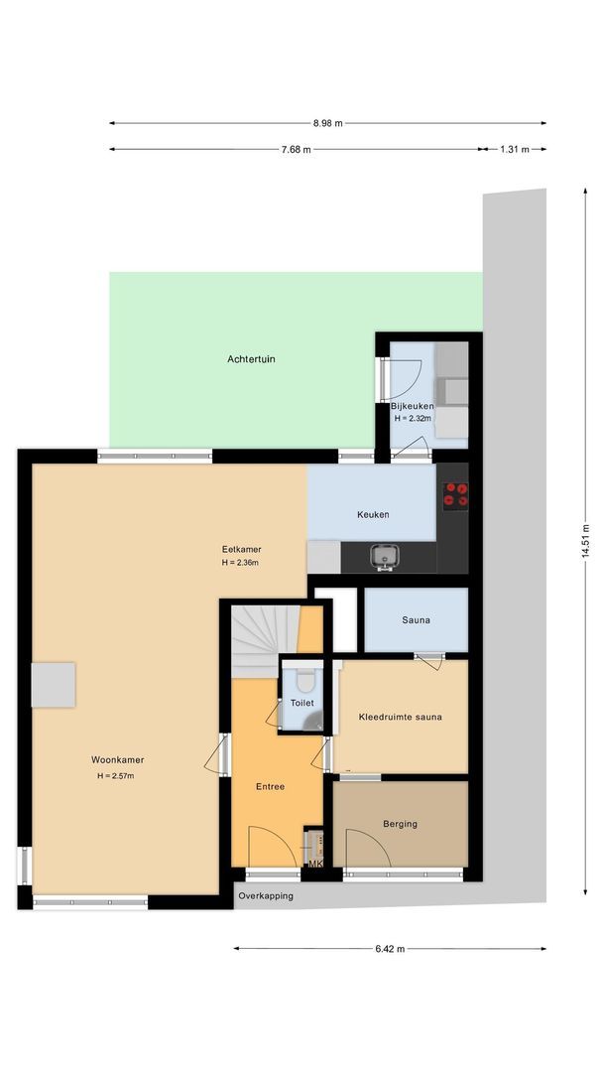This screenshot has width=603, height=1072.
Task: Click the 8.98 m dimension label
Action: point(327,123)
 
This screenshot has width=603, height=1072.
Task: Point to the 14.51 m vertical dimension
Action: point(585,541)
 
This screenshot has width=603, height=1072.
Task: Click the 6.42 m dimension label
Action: point(390,949)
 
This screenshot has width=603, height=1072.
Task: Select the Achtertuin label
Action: point(251,358)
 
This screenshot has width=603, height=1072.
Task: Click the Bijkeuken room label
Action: point(412,406)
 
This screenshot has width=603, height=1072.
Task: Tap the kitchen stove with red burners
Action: point(455,493)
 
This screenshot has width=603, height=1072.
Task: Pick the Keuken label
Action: point(373,515)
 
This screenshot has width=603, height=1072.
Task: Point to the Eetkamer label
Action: point(241,549)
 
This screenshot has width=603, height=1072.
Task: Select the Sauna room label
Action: point(416,621)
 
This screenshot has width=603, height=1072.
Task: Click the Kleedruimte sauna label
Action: point(400,717)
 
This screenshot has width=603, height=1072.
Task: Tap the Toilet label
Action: point(301,703)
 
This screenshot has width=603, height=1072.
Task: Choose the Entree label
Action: point(269,786)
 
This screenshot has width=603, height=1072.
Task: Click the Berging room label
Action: point(400,824)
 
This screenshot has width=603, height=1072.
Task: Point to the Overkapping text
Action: point(265,896)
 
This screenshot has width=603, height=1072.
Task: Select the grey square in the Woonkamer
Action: point(53,685)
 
